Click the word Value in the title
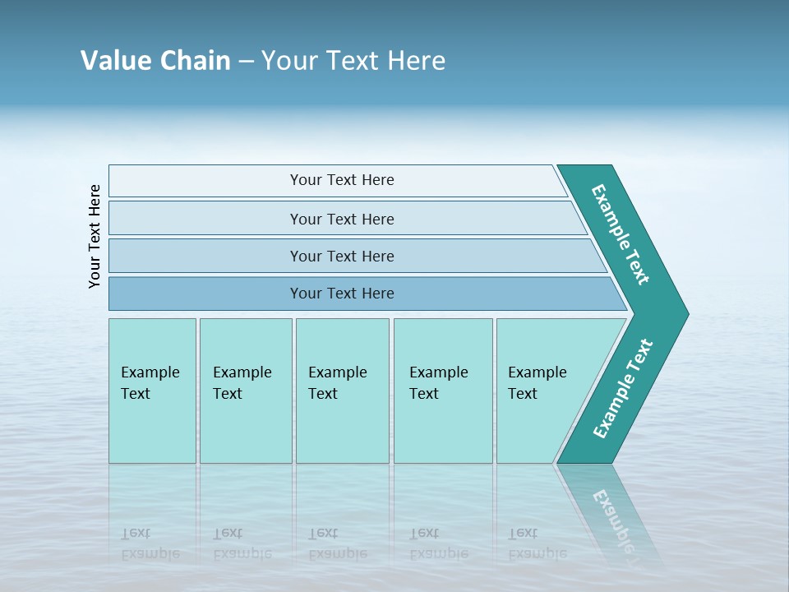click(113, 60)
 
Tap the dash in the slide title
click(246, 61)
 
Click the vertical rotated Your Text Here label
click(95, 236)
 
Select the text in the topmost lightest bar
click(342, 180)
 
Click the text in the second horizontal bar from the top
click(342, 219)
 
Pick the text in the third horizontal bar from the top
click(342, 256)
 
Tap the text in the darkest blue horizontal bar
click(342, 294)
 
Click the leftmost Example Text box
click(151, 383)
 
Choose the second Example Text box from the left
click(243, 383)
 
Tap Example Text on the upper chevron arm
click(621, 234)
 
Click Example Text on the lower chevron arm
click(623, 388)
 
